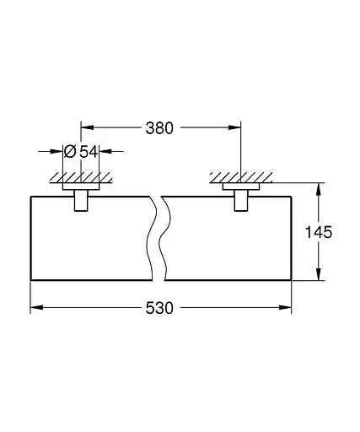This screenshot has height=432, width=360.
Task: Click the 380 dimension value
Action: click(159, 128)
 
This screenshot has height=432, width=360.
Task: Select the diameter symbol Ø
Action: click(71, 152)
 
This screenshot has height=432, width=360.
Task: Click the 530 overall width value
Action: click(159, 309)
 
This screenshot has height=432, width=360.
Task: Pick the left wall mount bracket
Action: click(80, 200)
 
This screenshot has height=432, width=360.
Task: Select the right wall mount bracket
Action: click(240, 200)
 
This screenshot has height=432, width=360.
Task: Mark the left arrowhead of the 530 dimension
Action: click(35, 308)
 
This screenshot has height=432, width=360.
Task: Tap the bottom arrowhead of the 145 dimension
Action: click(317, 275)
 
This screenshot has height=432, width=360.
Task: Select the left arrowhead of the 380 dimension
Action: click(85, 128)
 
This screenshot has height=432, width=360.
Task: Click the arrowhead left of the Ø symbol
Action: click(60, 152)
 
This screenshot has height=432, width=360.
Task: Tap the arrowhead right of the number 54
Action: click(106, 152)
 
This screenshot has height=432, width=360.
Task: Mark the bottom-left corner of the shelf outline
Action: click(31, 280)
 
